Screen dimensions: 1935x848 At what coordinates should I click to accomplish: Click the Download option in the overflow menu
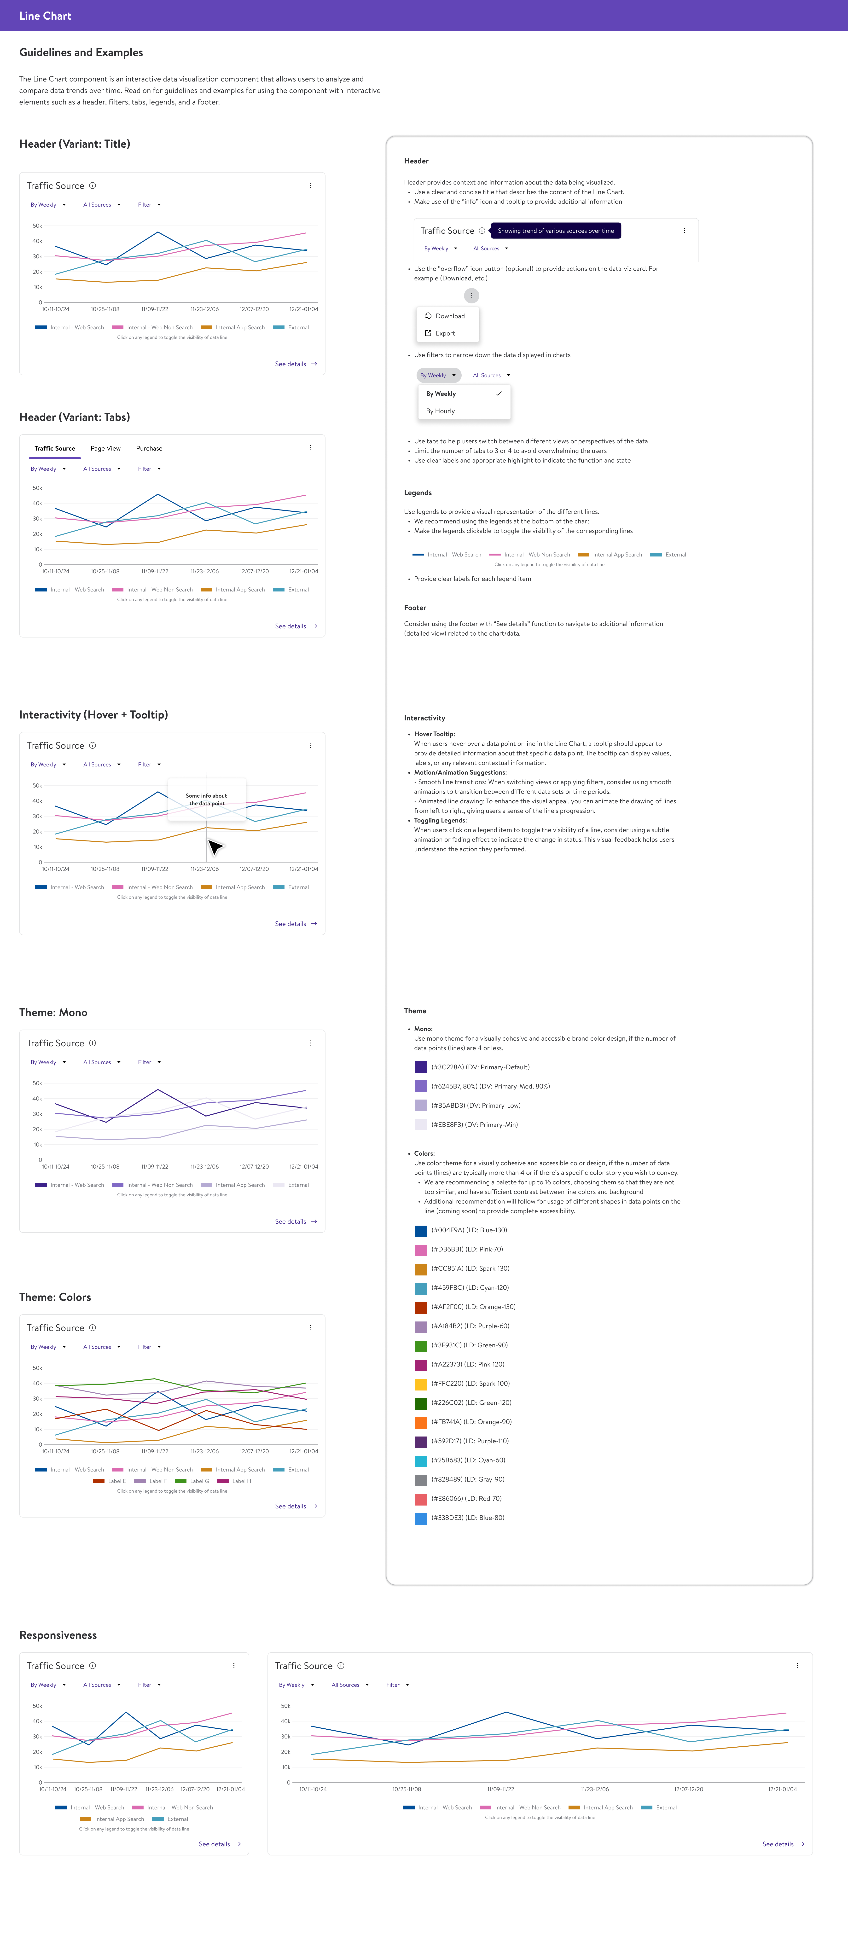click(449, 316)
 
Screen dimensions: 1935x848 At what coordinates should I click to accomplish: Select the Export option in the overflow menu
click(445, 334)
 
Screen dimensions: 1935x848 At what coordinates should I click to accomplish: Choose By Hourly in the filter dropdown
click(440, 411)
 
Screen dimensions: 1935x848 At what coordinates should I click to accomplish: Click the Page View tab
click(105, 448)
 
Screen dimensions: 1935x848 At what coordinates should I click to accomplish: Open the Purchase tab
click(149, 448)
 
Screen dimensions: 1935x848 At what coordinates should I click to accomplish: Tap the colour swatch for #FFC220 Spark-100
click(421, 1384)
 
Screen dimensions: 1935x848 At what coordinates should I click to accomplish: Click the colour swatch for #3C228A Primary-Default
click(421, 1067)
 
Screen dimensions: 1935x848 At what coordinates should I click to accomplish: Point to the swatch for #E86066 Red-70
click(421, 1499)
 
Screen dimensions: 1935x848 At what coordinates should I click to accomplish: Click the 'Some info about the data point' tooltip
click(207, 799)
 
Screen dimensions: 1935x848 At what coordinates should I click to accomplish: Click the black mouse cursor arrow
click(215, 847)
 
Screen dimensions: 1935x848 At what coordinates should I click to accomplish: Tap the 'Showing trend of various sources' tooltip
click(555, 231)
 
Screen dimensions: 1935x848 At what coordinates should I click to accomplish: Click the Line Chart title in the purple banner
click(45, 16)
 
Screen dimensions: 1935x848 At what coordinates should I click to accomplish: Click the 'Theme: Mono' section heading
click(53, 1013)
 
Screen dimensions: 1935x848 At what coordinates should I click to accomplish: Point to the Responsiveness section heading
click(58, 1635)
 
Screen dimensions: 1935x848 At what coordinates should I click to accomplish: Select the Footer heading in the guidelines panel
click(415, 608)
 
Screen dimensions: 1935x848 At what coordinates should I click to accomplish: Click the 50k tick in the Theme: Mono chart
click(37, 1083)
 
